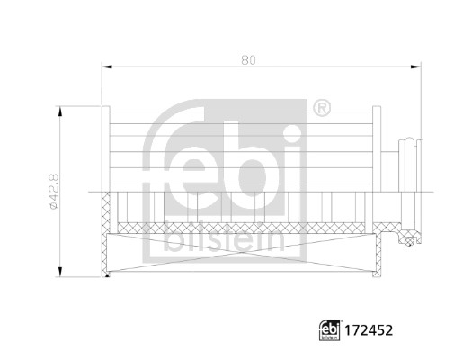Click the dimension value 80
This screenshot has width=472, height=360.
(249, 59)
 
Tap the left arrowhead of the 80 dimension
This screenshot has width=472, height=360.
(107, 66)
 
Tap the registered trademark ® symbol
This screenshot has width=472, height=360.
(321, 110)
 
